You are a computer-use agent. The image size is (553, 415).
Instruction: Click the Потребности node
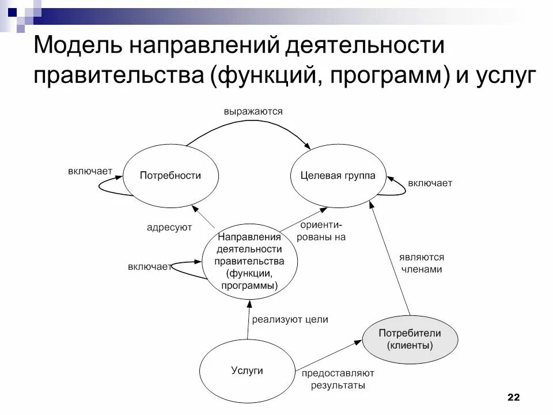point(171,176)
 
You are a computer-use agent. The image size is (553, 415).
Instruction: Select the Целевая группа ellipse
point(338,176)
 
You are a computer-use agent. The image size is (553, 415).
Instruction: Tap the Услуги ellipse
point(247,371)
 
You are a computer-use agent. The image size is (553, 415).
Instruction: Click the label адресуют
point(169,228)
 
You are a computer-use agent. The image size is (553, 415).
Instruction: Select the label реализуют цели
point(290,319)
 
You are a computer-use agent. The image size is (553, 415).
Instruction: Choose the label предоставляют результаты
point(338,379)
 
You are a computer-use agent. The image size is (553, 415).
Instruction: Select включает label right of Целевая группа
point(430,183)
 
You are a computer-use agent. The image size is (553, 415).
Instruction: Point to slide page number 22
point(513,397)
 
